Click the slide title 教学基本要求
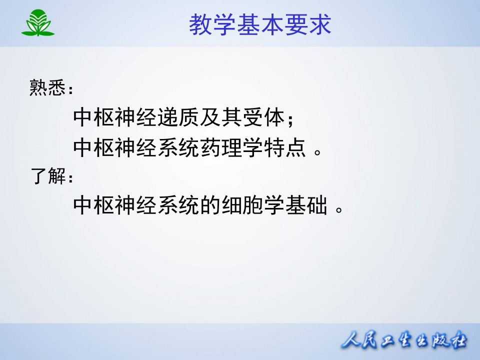[260, 24]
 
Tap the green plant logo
[38, 23]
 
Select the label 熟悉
[47, 88]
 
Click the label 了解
[48, 176]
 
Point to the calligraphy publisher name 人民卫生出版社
[404, 342]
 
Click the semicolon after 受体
[289, 120]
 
